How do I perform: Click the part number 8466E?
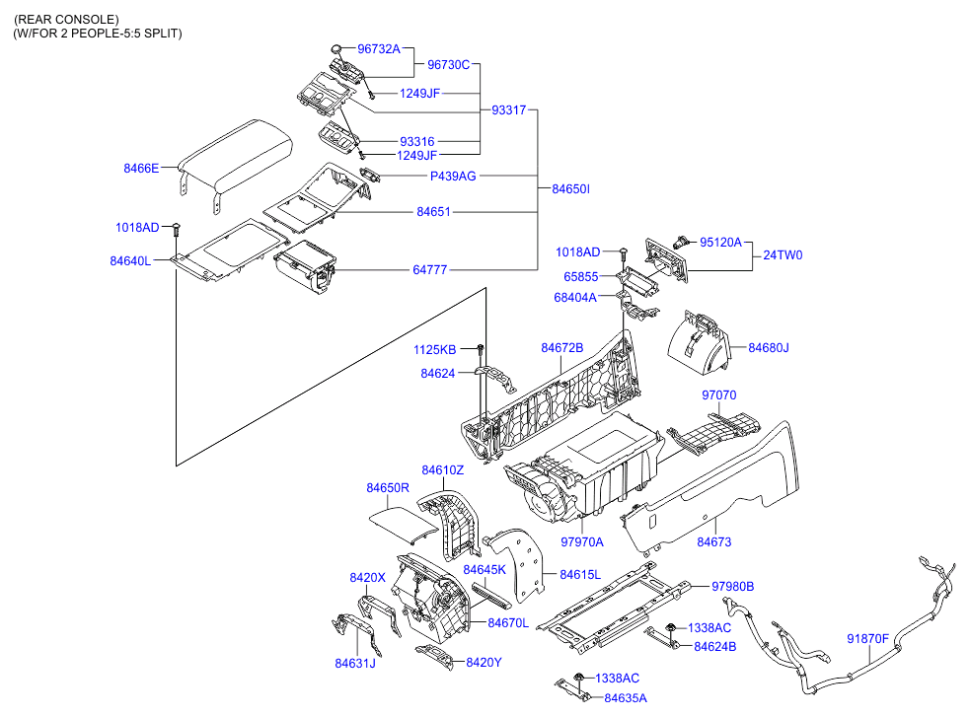point(141,169)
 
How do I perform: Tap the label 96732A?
point(379,48)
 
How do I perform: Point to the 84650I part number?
point(570,188)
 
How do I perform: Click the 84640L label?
point(130,261)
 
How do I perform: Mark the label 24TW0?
point(783,254)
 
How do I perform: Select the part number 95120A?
point(721,242)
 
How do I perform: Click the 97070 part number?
point(718,394)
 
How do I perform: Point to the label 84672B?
point(561,348)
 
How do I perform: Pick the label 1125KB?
point(435,350)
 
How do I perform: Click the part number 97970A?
point(582,541)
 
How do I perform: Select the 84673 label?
point(714,541)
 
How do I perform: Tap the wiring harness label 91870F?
point(867,638)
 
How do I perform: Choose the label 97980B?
point(733,586)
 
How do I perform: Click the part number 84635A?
point(626,697)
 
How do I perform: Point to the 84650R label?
point(388,488)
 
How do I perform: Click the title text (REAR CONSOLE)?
point(66,19)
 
